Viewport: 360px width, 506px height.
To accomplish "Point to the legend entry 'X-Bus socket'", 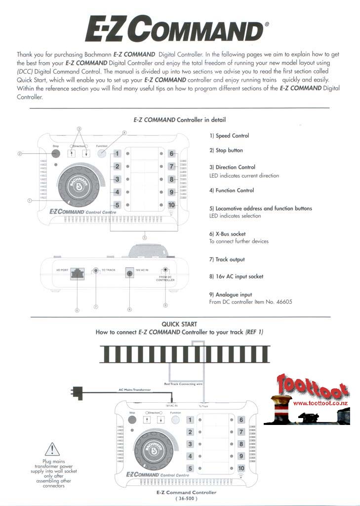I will (227, 234).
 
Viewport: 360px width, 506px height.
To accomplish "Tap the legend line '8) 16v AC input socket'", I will (236, 277).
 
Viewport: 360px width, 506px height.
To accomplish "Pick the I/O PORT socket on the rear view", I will (78, 272).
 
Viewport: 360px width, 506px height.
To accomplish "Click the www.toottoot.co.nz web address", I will (321, 403).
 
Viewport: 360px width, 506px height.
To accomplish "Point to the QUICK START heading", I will (179, 324).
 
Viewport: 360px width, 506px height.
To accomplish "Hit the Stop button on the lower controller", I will (132, 421).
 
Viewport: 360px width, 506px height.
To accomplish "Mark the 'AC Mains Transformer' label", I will (134, 390).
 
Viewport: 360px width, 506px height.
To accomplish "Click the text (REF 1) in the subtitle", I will (254, 332).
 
